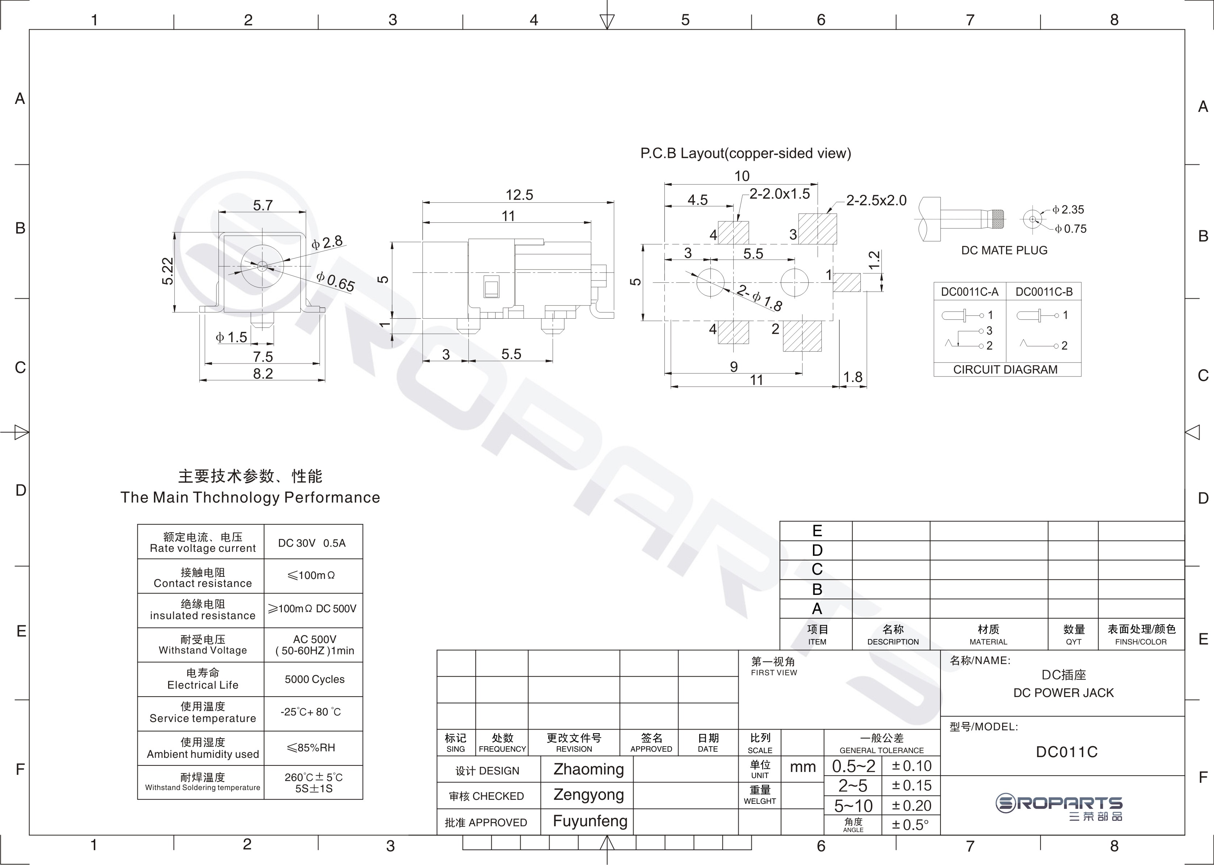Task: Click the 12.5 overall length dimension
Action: click(x=519, y=195)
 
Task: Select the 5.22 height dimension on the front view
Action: click(x=168, y=271)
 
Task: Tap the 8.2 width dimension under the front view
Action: click(x=263, y=373)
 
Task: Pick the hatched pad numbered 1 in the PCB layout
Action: click(x=847, y=282)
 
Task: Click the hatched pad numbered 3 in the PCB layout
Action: click(x=817, y=229)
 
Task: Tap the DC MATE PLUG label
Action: click(x=1004, y=250)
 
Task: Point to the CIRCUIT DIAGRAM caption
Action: click(x=1005, y=370)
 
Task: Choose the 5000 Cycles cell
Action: click(x=314, y=680)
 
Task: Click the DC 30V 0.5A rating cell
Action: click(x=312, y=543)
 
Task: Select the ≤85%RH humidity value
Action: click(x=311, y=748)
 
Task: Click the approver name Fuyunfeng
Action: click(x=590, y=821)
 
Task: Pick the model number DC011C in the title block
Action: click(x=1067, y=752)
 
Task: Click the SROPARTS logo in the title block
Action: click(x=1059, y=807)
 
